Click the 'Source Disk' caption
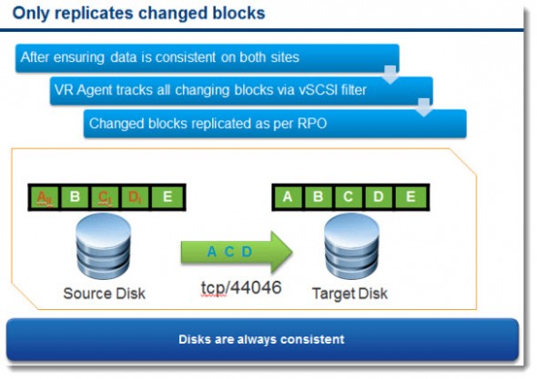click(x=105, y=294)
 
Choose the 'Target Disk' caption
click(x=350, y=294)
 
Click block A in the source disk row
click(x=44, y=196)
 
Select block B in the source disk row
click(x=75, y=196)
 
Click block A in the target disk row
click(x=288, y=196)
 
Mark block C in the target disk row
click(x=350, y=196)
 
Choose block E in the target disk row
click(x=410, y=196)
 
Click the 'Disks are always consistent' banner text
click(x=260, y=339)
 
